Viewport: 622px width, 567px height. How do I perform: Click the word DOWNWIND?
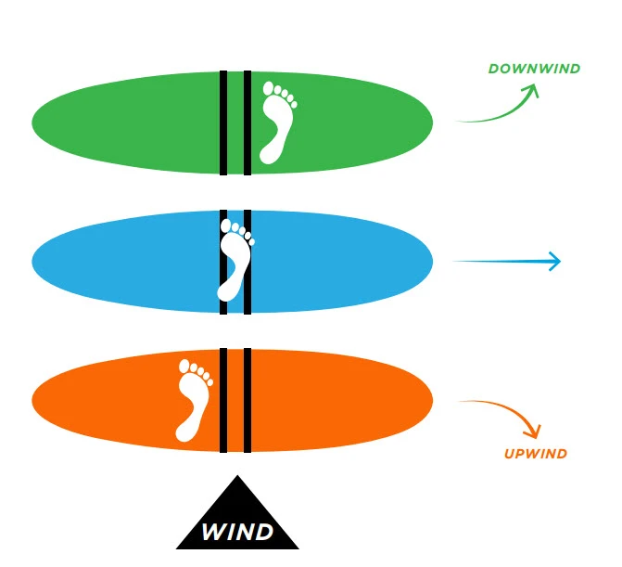(534, 69)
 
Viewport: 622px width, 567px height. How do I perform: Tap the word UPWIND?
(536, 454)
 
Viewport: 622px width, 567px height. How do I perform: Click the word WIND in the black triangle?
(237, 533)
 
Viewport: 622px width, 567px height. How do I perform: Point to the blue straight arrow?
(506, 262)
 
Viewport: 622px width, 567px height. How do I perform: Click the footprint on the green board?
(275, 122)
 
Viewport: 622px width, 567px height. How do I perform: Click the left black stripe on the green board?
(223, 122)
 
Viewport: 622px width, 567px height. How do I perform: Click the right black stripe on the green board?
(248, 122)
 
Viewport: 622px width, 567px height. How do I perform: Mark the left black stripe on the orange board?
(223, 401)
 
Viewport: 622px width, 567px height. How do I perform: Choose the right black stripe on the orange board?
(248, 401)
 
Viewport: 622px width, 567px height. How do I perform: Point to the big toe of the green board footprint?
(270, 90)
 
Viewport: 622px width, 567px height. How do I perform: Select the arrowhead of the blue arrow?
(554, 262)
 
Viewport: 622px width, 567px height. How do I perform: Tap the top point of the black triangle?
(237, 478)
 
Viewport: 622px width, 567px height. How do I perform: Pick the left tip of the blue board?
(34, 262)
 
